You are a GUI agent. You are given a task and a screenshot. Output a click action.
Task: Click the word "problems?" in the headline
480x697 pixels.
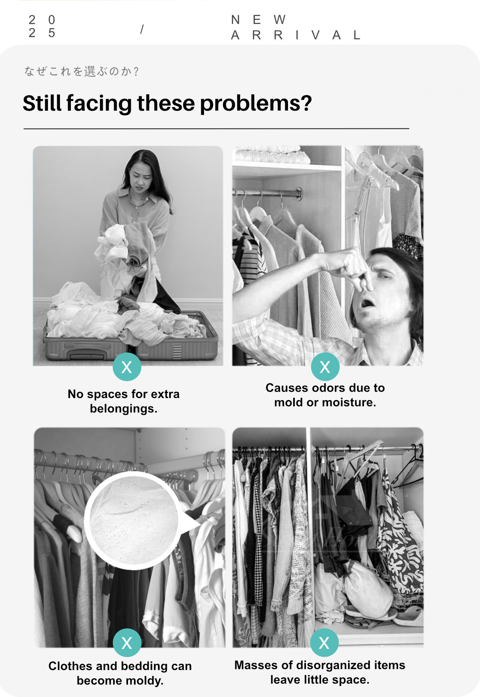256,104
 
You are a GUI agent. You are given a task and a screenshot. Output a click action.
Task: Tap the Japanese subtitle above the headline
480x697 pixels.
82,72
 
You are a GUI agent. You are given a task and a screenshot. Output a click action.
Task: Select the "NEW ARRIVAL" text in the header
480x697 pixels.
296,27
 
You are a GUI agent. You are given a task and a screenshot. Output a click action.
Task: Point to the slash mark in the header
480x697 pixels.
142,29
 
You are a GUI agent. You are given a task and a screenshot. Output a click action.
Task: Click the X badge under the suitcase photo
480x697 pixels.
127,367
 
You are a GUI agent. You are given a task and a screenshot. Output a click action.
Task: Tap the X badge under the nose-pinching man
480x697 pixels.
325,367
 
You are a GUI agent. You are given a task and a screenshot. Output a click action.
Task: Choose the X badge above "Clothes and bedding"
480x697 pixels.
127,643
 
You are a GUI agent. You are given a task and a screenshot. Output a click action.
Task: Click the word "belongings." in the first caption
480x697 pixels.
124,409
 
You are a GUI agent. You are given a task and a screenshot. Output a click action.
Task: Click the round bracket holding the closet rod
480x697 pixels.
298,193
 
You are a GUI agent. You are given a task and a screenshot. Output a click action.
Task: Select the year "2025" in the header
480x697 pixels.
42,26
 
